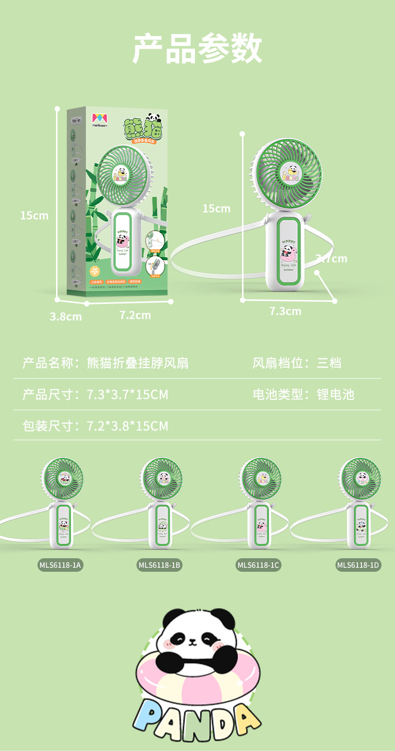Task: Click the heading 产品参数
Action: [197, 49]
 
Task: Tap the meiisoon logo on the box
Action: [99, 121]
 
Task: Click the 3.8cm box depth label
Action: [65, 316]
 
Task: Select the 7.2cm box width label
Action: [135, 315]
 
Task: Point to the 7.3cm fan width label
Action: [285, 311]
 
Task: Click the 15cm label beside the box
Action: [34, 215]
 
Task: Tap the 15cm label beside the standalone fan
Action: [216, 208]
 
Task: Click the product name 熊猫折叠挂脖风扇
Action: [137, 362]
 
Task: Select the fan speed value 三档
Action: [329, 362]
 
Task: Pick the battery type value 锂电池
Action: [335, 394]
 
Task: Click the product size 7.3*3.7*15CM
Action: [127, 394]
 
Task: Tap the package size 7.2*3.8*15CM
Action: [127, 426]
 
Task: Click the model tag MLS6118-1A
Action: [60, 565]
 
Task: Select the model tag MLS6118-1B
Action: [159, 565]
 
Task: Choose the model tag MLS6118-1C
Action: [258, 565]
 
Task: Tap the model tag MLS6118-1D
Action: [358, 565]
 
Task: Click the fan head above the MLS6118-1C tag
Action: [260, 479]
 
